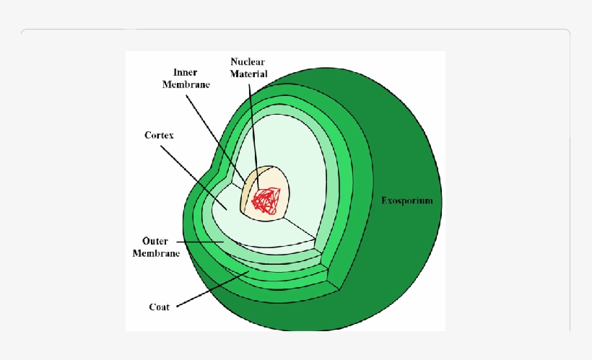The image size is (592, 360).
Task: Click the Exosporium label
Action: tap(406, 201)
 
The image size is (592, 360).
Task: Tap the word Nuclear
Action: tap(248, 62)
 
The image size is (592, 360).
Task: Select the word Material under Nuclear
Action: tap(249, 74)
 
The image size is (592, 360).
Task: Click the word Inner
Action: tap(186, 73)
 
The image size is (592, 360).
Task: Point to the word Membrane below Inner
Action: tap(186, 84)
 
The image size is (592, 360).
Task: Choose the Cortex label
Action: tap(159, 135)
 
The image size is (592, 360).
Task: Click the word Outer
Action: tap(155, 241)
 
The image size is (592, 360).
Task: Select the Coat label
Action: tap(160, 307)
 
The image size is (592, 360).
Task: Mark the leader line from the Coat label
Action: tap(209, 291)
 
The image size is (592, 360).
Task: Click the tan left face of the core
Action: tap(247, 191)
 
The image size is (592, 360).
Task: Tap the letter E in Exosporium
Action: tap(384, 201)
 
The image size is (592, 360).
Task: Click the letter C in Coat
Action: tap(152, 307)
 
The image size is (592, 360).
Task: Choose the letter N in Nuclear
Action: tap(233, 62)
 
